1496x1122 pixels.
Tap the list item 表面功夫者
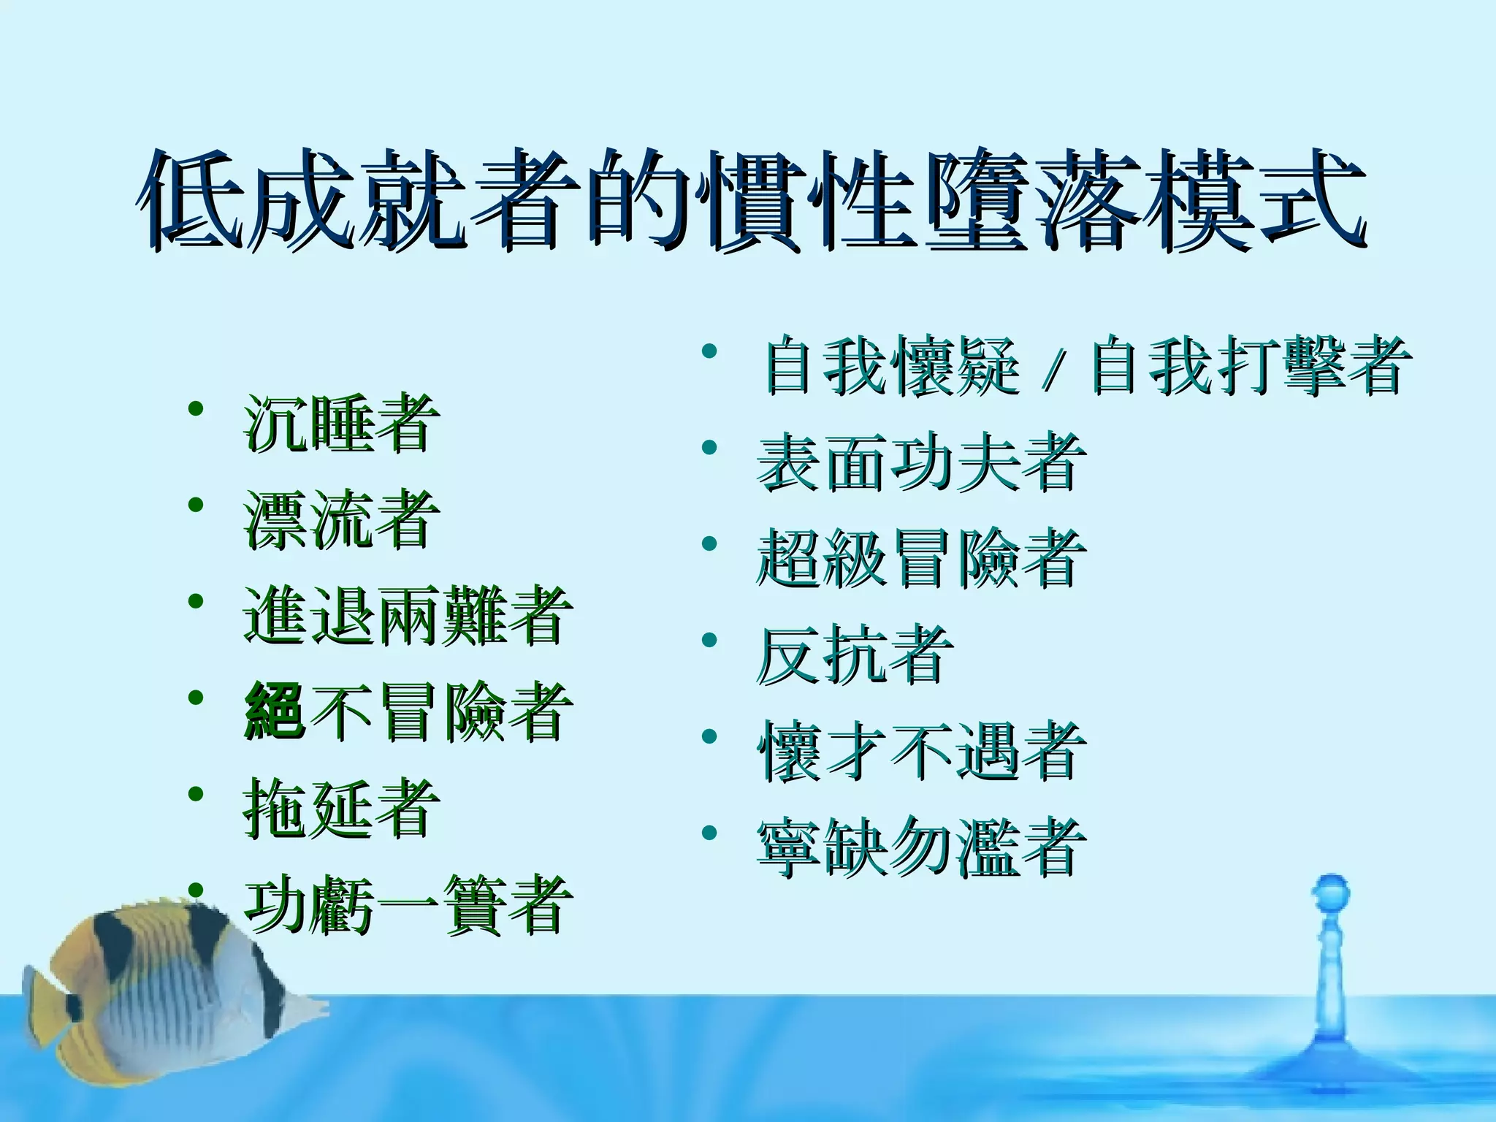(x=920, y=462)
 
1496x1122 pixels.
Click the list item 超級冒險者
(x=920, y=558)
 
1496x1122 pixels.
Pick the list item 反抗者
(x=855, y=654)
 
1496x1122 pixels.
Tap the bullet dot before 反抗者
(x=709, y=641)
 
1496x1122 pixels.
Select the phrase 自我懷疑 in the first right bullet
(x=891, y=365)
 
